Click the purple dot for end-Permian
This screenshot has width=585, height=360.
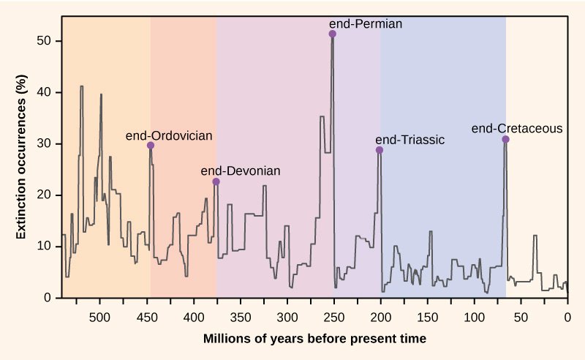point(333,34)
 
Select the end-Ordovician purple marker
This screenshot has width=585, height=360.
point(151,146)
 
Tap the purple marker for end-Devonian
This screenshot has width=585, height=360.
point(216,181)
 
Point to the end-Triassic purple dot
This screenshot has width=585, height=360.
point(380,150)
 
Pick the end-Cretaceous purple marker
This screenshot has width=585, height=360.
point(505,139)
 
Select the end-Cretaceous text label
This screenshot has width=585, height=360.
point(517,128)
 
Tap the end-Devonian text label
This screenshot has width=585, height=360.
point(240,170)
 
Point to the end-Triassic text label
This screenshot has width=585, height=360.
point(409,139)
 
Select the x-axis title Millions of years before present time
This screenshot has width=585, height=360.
point(314,339)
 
